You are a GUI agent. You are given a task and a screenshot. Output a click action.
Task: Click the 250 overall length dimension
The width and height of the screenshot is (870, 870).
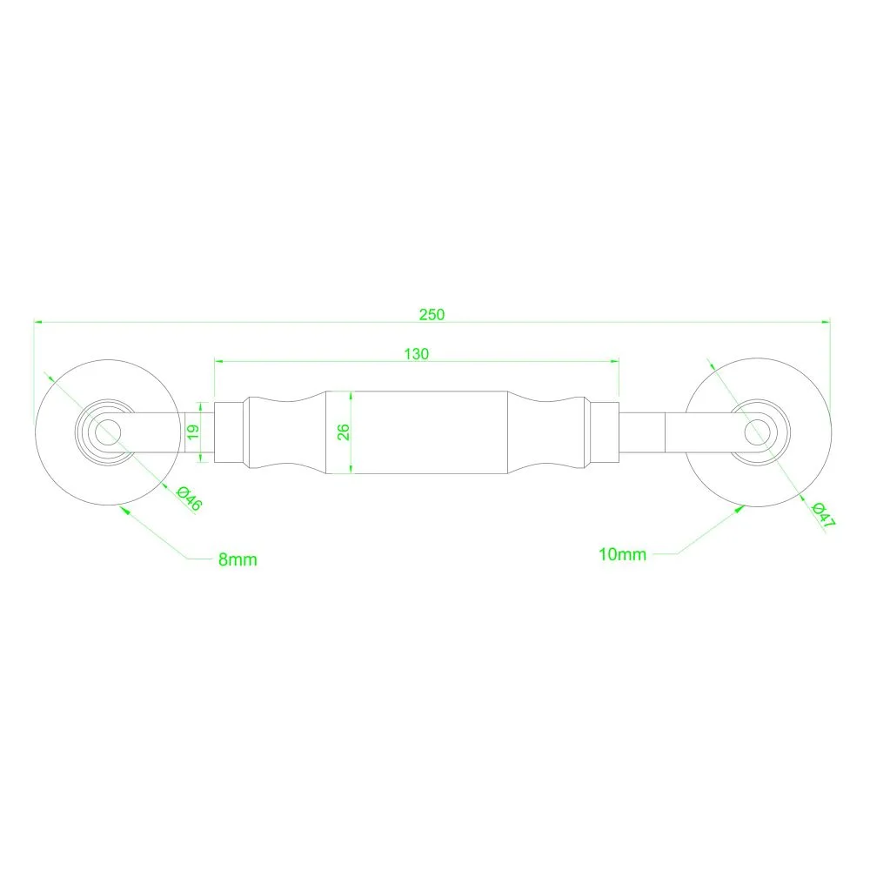[x=432, y=315]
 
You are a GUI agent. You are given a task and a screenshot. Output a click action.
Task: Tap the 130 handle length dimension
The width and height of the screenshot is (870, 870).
[x=416, y=354]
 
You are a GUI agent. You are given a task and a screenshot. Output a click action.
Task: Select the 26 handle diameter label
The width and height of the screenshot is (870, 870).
[x=344, y=432]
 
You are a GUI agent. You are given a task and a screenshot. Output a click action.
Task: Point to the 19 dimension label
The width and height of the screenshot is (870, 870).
[x=192, y=432]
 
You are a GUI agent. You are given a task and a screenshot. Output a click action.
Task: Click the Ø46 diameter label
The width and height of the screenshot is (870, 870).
[x=189, y=499]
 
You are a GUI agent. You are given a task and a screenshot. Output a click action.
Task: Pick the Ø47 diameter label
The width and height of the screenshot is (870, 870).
[x=823, y=515]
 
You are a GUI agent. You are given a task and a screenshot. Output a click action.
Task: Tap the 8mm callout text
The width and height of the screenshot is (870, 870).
[x=238, y=559]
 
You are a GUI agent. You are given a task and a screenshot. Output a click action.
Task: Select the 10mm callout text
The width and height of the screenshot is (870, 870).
[x=622, y=554]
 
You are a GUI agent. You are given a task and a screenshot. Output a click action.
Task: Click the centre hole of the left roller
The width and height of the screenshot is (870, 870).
[x=108, y=432]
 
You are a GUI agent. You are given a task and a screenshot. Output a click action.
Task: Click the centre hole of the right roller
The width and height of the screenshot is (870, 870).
[x=758, y=432]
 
